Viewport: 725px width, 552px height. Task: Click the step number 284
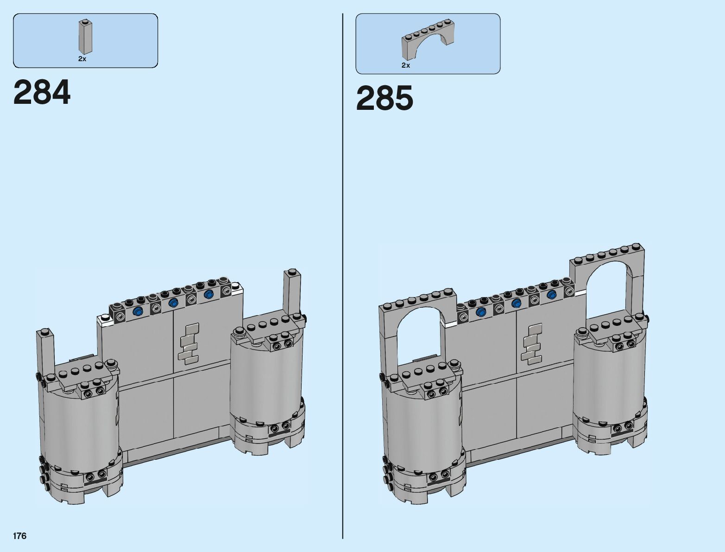click(42, 92)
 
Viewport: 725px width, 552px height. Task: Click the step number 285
click(385, 98)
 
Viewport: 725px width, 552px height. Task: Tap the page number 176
click(20, 536)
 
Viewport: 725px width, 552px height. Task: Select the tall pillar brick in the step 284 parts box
click(85, 37)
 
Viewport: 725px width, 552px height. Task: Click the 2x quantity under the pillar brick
click(82, 59)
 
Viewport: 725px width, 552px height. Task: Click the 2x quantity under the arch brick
click(406, 65)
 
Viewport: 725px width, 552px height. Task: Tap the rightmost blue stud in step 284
click(209, 295)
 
